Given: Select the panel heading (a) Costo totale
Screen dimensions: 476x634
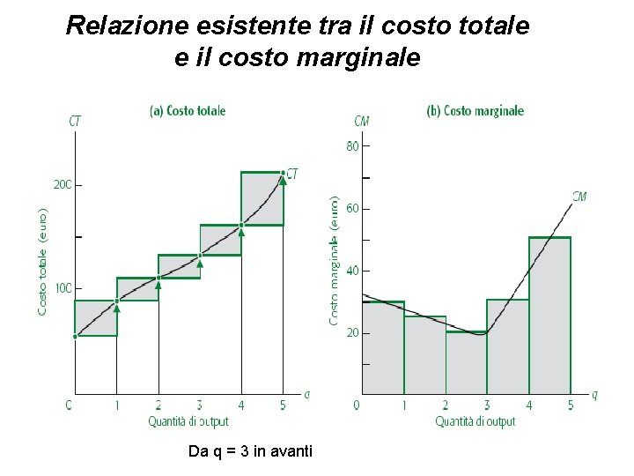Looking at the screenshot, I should [188, 111].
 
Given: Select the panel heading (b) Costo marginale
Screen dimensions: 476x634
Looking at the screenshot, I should [475, 111].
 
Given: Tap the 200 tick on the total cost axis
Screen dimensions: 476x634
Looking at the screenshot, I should [63, 185].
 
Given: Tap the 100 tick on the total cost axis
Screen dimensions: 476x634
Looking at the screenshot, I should [63, 288].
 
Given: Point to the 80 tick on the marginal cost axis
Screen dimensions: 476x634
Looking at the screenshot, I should [353, 146].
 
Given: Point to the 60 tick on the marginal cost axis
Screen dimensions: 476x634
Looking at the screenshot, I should [353, 209].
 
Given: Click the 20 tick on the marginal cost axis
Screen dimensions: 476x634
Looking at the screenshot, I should [353, 333].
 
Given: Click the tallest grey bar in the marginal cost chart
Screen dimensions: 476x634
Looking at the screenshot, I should [549, 317].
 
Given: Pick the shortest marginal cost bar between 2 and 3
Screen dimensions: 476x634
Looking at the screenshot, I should [466, 363].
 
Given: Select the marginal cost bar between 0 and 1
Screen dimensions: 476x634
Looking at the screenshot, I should [383, 348].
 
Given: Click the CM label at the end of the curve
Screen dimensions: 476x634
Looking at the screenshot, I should [579, 197].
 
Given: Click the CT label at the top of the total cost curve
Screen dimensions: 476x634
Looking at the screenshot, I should [292, 175].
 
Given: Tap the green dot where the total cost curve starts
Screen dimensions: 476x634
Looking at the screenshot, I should [75, 336].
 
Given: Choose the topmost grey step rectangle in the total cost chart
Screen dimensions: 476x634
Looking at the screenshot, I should [262, 198].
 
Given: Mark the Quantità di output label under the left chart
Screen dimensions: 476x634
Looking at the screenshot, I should [188, 421].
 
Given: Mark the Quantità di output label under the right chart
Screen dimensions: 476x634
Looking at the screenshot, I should [475, 421].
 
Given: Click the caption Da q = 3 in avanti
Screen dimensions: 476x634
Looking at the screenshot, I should [250, 451].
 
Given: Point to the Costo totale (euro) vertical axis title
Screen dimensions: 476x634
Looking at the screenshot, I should [43, 262].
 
